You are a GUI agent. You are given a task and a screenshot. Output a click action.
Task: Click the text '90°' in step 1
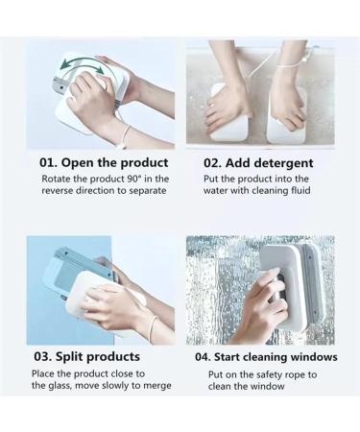[x=138, y=179]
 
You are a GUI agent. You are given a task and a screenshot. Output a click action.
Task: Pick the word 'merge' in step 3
[x=153, y=386]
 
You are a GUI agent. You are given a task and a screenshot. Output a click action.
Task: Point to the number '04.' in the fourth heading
[x=205, y=356]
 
